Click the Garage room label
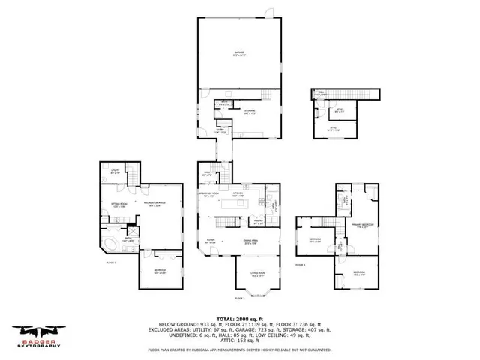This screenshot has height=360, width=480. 239,53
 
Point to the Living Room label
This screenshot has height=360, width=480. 258,275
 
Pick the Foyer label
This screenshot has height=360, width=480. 211,241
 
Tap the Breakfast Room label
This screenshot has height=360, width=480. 208,194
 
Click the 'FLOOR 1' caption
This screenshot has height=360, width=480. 110,262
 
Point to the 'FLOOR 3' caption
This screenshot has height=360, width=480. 301,265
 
